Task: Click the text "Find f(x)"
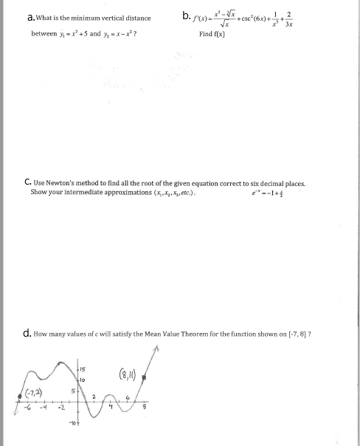(212, 34)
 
